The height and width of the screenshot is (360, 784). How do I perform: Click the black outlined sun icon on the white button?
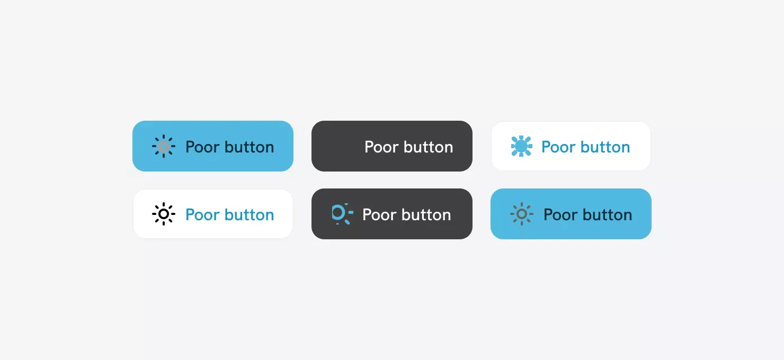click(x=164, y=214)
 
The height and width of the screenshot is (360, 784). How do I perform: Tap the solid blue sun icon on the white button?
click(x=521, y=146)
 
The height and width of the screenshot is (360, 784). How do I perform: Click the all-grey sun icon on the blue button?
click(x=521, y=214)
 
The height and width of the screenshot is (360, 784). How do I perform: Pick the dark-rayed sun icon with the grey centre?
click(x=164, y=146)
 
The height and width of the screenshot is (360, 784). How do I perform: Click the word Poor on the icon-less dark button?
click(x=381, y=147)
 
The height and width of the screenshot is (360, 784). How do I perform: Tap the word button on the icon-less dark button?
click(x=429, y=147)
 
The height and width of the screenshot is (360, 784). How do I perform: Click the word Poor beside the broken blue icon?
click(x=379, y=215)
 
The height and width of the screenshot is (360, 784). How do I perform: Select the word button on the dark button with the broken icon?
click(x=426, y=214)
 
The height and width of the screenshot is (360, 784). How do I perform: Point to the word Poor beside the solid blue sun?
click(x=558, y=147)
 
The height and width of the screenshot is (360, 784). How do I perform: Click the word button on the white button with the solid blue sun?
click(x=605, y=147)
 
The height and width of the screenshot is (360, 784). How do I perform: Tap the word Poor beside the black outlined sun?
click(x=202, y=215)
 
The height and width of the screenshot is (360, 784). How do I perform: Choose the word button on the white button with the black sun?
click(x=249, y=214)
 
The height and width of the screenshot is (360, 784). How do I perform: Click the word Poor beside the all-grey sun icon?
click(x=560, y=215)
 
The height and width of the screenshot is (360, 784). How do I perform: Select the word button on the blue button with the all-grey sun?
click(x=608, y=214)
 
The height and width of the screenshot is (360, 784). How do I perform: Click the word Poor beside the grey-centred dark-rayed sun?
click(x=202, y=147)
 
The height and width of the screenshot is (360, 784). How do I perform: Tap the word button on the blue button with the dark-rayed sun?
click(x=249, y=147)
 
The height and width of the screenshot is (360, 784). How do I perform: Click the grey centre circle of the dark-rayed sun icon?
click(x=164, y=146)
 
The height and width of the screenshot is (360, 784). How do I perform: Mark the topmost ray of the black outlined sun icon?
click(x=164, y=205)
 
